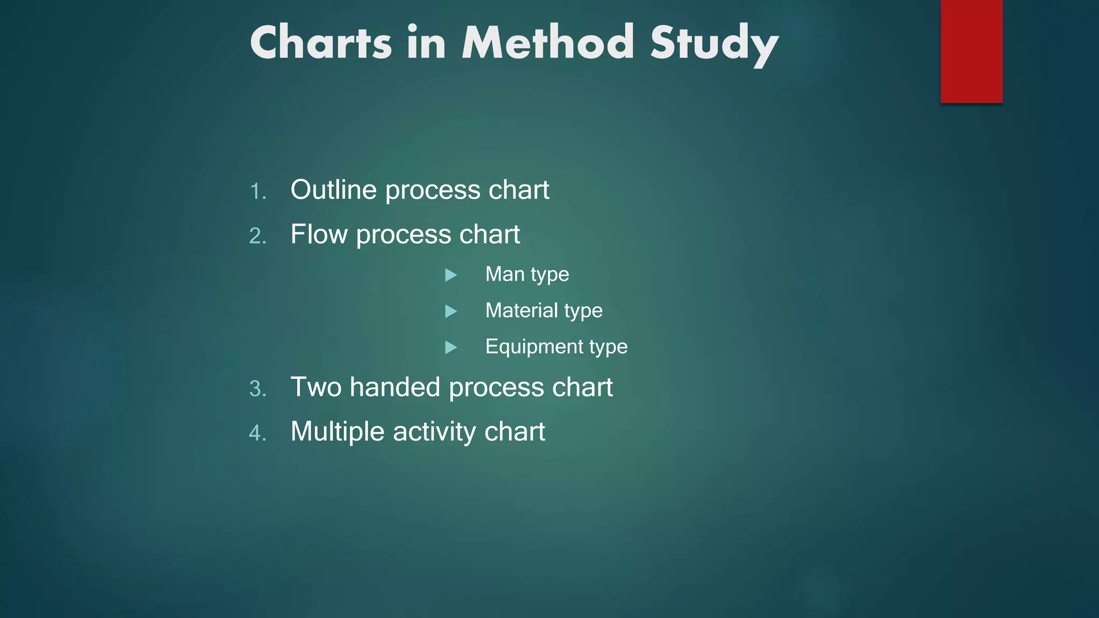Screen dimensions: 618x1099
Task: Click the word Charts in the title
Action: tap(321, 43)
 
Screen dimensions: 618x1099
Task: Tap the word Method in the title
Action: tap(548, 43)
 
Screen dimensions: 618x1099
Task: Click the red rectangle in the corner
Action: tap(971, 51)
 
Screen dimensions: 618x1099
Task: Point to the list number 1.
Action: tap(258, 192)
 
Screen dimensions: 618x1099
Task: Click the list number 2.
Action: tap(258, 237)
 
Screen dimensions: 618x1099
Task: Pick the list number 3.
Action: tap(258, 389)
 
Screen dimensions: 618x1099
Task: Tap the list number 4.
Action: tap(258, 433)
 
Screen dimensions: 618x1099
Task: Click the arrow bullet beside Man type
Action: tap(451, 275)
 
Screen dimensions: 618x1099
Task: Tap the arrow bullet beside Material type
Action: tap(451, 311)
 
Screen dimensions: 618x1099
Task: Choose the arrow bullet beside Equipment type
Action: tap(451, 348)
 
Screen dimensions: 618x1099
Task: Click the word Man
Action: tap(505, 274)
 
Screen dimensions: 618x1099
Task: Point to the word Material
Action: tap(522, 310)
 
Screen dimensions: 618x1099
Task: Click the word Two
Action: tap(316, 387)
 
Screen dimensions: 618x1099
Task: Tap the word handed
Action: tap(395, 387)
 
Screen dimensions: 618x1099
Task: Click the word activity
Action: tap(435, 432)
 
